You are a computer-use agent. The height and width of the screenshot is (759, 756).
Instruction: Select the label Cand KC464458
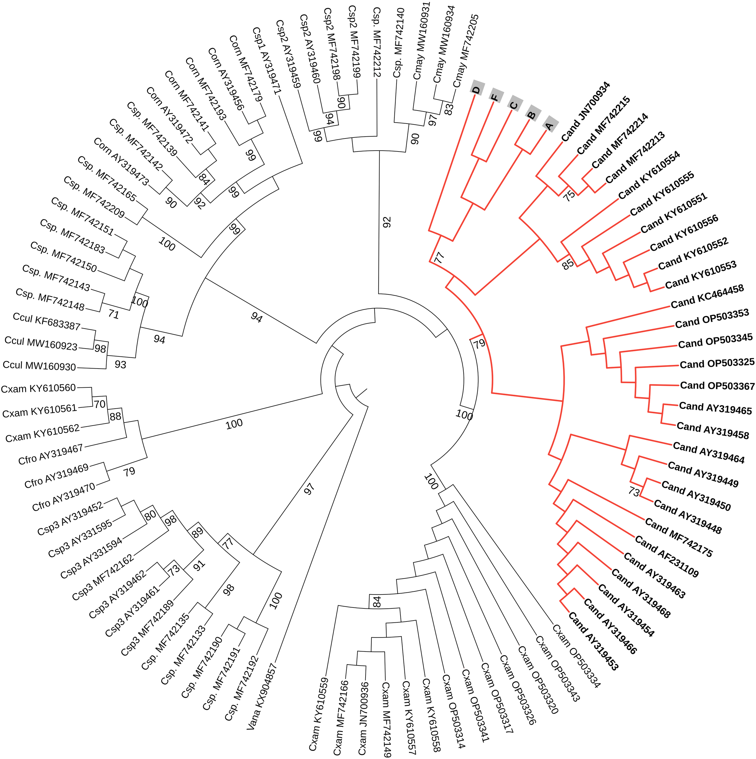point(707,297)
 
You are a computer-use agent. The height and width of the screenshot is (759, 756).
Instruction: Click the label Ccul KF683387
point(46,321)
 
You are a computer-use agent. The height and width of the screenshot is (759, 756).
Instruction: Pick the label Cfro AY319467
point(51,454)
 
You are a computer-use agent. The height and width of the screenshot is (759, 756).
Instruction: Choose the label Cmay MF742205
point(466,51)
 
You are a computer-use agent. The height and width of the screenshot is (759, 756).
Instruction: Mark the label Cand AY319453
point(593,646)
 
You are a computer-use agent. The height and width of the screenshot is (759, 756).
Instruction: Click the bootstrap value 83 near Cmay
point(449,107)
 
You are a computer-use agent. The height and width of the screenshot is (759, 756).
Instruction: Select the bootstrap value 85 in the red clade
point(568,264)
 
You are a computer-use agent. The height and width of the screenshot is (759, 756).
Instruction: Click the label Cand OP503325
point(717,364)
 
